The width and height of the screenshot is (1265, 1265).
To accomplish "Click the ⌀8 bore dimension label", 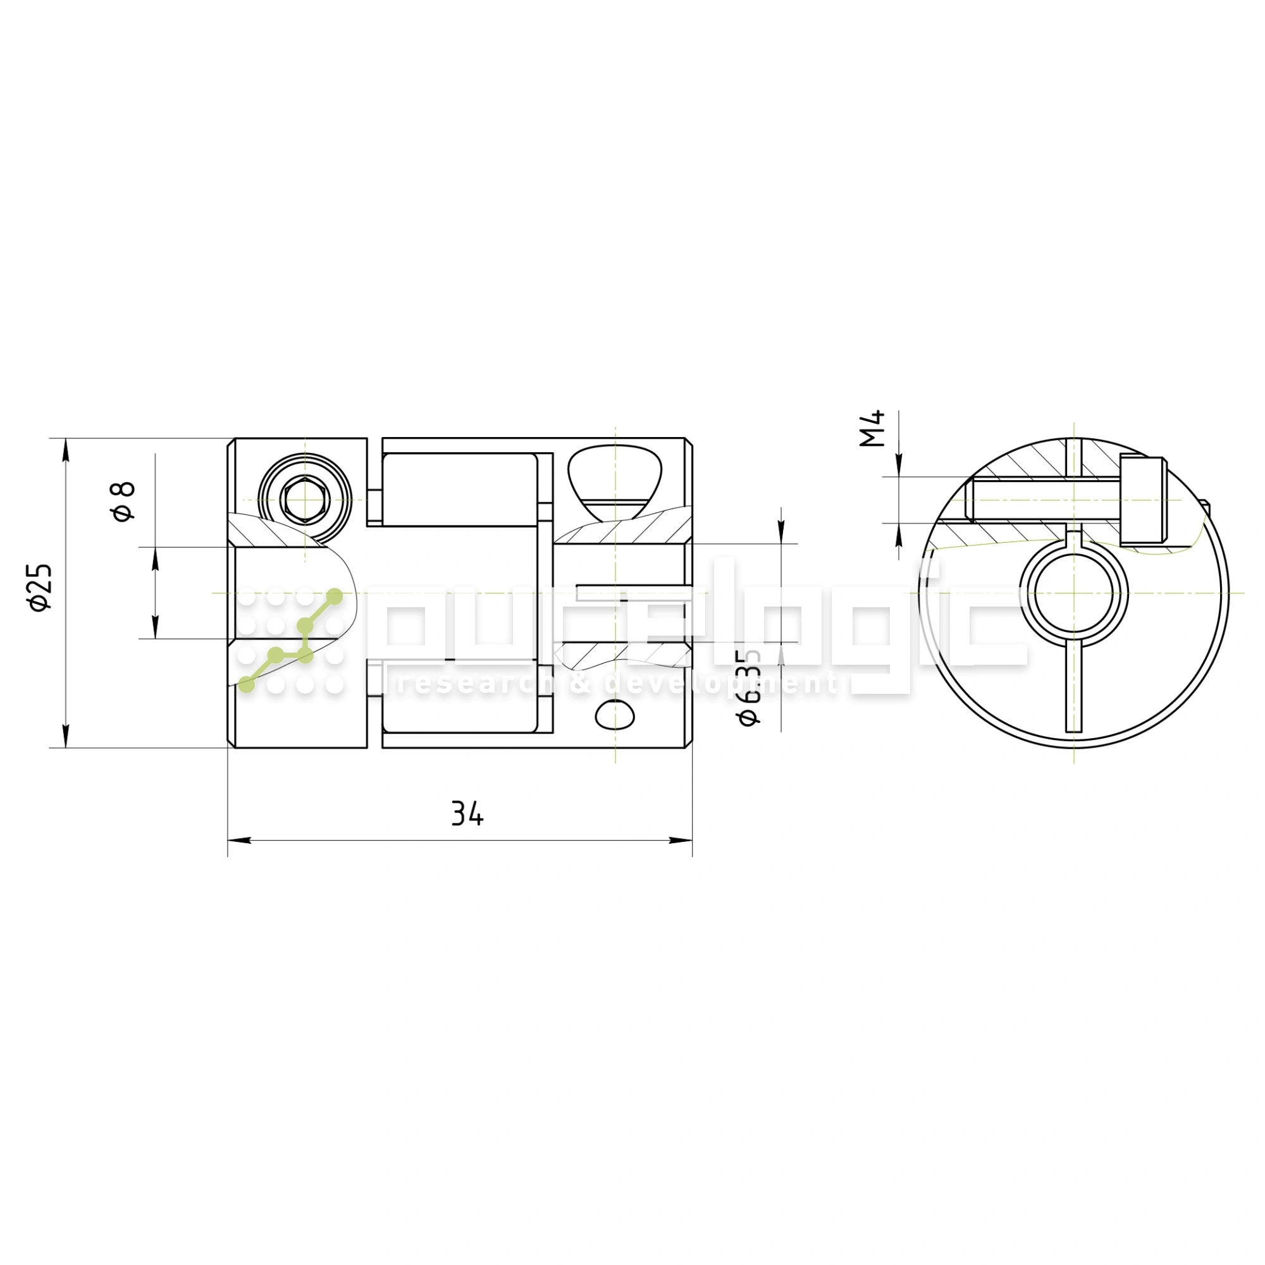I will click(x=123, y=502).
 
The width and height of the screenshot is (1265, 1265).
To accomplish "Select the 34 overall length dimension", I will click(x=467, y=814).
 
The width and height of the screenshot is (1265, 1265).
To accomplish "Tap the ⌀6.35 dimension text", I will click(x=749, y=688).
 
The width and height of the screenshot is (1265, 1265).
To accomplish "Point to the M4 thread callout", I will click(x=872, y=428).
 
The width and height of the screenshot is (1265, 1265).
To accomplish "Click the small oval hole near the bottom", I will click(x=615, y=715).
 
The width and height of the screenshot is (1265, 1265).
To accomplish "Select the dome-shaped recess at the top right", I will click(x=614, y=472).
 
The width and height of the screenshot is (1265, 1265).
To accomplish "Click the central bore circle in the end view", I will click(x=1074, y=593).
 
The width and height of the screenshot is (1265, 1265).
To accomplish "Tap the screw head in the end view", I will click(x=1142, y=501).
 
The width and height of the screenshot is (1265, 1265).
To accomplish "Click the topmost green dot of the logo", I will click(x=335, y=596).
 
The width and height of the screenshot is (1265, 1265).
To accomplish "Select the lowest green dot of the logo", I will click(x=247, y=685).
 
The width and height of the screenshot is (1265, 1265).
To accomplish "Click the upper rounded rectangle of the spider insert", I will click(x=460, y=489).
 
